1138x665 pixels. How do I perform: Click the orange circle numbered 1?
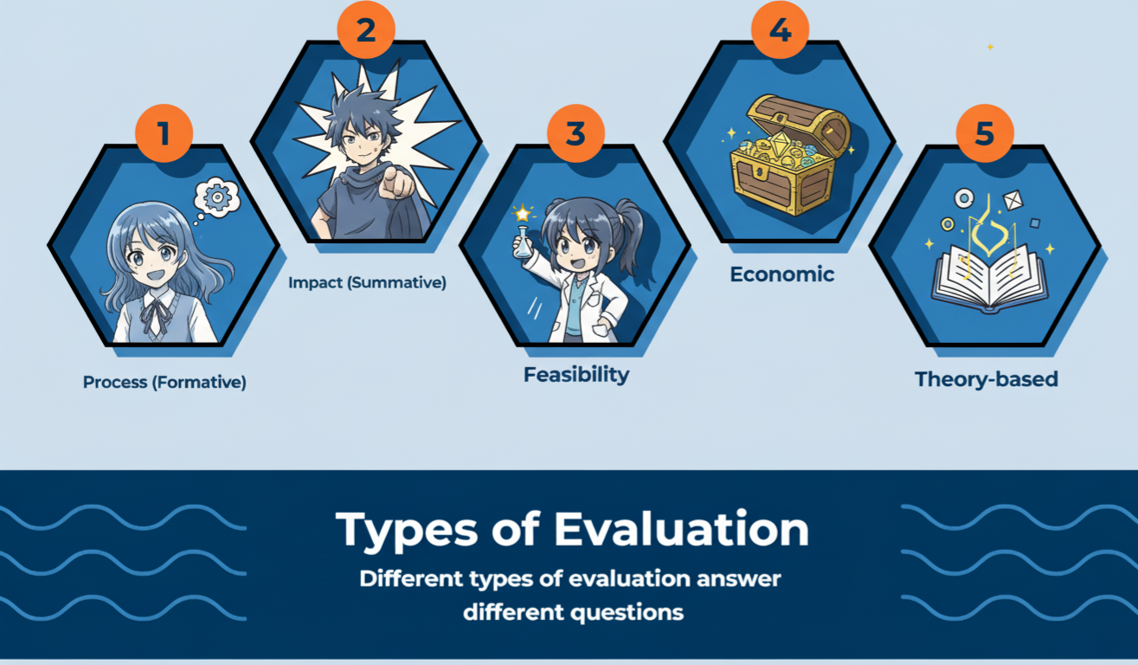[164, 134]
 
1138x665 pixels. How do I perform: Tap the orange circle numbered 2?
[366, 31]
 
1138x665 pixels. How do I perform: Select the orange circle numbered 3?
[575, 134]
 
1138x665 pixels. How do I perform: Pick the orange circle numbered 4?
[780, 31]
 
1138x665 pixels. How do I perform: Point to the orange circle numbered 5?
[984, 134]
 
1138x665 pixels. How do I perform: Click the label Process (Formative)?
[164, 382]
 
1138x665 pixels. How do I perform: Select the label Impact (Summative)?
[367, 282]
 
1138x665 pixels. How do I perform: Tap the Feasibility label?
[576, 375]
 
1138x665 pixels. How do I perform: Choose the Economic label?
[781, 274]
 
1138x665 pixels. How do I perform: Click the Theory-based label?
[987, 379]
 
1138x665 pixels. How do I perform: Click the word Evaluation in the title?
[682, 529]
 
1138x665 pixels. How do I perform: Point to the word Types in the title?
[408, 529]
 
